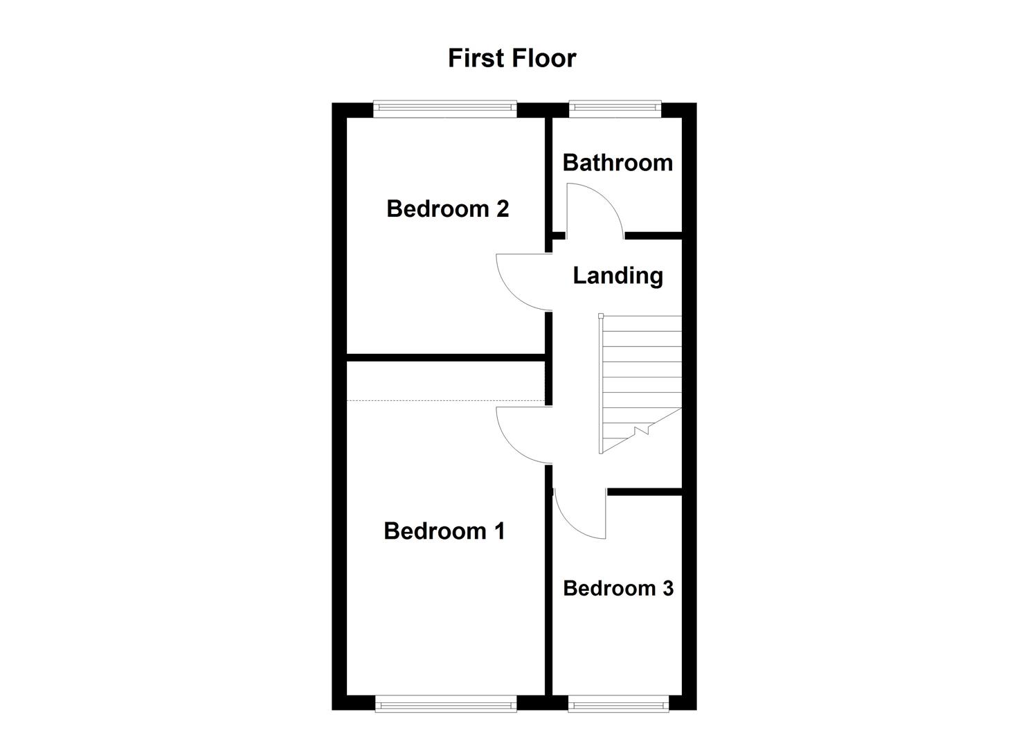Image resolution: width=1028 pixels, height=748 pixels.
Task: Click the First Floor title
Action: tap(512, 58)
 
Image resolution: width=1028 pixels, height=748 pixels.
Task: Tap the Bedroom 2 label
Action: tap(447, 208)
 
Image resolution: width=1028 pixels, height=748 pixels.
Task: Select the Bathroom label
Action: tap(617, 163)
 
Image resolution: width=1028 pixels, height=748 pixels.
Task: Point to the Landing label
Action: tap(617, 276)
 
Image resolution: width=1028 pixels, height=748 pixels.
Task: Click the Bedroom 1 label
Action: tap(444, 531)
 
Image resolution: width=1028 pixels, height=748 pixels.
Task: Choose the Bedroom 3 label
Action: tap(617, 588)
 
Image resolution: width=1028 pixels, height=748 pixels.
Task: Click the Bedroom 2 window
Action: tap(444, 107)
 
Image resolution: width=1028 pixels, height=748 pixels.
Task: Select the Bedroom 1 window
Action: tap(446, 705)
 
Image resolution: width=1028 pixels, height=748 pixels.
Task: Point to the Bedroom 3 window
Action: tap(618, 705)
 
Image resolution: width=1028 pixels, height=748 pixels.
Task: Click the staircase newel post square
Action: tap(601, 316)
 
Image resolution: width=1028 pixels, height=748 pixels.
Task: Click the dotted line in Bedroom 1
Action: tap(446, 401)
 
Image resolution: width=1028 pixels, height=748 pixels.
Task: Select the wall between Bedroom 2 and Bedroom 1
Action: tap(446, 357)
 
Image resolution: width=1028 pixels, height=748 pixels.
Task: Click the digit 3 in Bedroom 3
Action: tap(667, 588)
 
